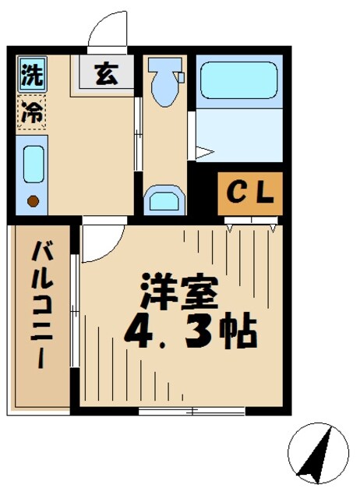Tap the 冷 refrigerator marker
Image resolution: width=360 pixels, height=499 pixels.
[31, 111]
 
